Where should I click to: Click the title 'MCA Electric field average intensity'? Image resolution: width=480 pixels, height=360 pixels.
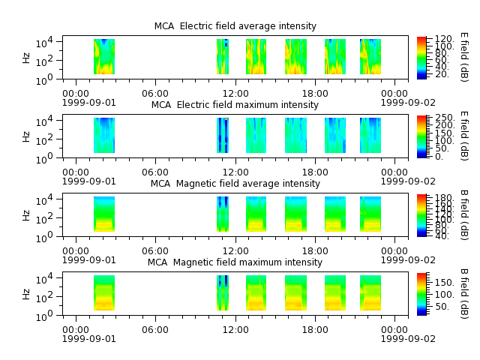(x=235, y=26)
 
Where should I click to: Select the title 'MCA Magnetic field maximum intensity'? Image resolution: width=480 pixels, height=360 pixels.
(x=235, y=262)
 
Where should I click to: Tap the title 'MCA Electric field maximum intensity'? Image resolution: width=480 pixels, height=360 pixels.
(x=235, y=105)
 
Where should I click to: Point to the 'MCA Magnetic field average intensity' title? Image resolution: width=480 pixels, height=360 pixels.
(x=235, y=184)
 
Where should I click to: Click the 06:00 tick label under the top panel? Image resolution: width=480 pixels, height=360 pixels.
(x=155, y=94)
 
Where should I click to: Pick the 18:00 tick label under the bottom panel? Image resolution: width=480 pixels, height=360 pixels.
(x=315, y=330)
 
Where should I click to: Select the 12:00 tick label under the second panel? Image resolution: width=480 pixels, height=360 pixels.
(x=235, y=172)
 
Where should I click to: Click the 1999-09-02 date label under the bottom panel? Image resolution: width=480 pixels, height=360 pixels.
(x=408, y=339)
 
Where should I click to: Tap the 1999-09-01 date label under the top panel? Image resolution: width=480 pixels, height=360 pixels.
(x=89, y=103)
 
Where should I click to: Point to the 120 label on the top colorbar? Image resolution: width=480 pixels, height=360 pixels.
(x=444, y=39)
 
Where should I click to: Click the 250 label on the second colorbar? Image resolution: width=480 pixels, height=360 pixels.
(x=445, y=118)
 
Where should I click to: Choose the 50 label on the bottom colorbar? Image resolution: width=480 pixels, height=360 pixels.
(x=442, y=307)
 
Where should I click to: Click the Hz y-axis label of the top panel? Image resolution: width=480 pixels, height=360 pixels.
(x=26, y=58)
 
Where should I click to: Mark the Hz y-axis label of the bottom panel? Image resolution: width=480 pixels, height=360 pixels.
(x=26, y=294)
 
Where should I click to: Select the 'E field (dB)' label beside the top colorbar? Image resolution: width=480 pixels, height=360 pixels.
(x=464, y=57)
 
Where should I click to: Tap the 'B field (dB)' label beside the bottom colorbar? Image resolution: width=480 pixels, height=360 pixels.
(x=464, y=294)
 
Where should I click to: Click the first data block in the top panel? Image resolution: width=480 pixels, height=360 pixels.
(x=104, y=57)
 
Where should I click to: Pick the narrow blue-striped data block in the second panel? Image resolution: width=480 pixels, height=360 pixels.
(x=223, y=135)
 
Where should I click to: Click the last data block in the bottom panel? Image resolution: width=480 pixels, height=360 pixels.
(x=370, y=293)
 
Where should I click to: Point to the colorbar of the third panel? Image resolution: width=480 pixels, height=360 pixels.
(x=421, y=215)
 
